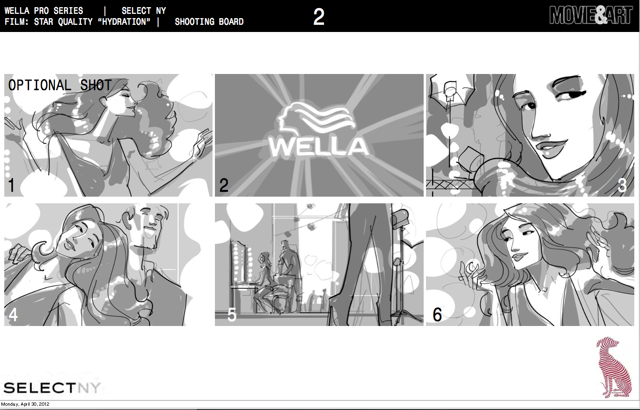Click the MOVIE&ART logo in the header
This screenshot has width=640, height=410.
(x=590, y=15)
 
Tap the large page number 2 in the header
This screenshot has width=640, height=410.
(x=319, y=17)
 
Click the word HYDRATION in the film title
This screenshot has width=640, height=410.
(x=124, y=22)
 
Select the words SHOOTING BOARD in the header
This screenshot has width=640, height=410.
(x=209, y=22)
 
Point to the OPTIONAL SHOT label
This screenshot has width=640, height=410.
(x=60, y=85)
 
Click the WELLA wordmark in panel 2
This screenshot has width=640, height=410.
(x=319, y=147)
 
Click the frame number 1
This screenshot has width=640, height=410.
(x=11, y=185)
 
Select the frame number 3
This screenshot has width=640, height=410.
(x=622, y=185)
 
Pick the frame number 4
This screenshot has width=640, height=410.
(x=13, y=315)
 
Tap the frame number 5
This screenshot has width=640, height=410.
(x=232, y=315)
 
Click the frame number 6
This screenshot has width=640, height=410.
(x=437, y=315)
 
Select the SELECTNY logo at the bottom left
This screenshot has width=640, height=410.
(x=52, y=388)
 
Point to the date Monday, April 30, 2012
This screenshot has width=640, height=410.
(x=25, y=404)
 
